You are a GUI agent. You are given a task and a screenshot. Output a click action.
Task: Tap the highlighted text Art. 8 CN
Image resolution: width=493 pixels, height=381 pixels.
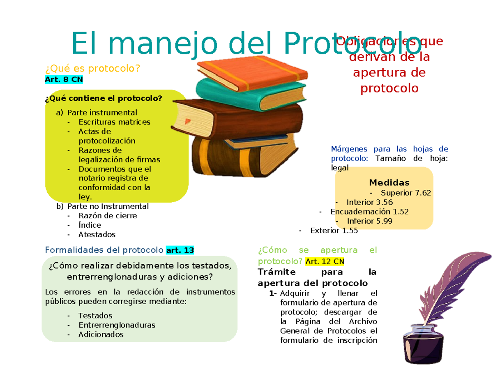point(64,80)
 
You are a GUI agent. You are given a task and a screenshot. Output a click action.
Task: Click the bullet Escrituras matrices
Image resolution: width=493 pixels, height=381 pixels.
point(114,122)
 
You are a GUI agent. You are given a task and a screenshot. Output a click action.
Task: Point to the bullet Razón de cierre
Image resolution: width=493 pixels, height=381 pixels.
point(108,215)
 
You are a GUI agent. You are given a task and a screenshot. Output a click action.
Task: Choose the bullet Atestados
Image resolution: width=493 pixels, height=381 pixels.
point(97,235)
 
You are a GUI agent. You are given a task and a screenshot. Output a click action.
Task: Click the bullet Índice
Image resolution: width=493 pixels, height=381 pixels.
point(90,225)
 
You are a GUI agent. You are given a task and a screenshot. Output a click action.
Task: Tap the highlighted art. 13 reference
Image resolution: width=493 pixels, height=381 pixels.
point(180,250)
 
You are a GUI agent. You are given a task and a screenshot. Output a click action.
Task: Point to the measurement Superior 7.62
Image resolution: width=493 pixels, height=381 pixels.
point(406,192)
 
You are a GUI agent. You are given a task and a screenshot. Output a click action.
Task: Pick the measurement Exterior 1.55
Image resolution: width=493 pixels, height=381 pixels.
point(334,231)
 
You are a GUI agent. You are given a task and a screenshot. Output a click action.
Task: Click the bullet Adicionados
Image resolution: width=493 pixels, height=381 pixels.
point(101,335)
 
